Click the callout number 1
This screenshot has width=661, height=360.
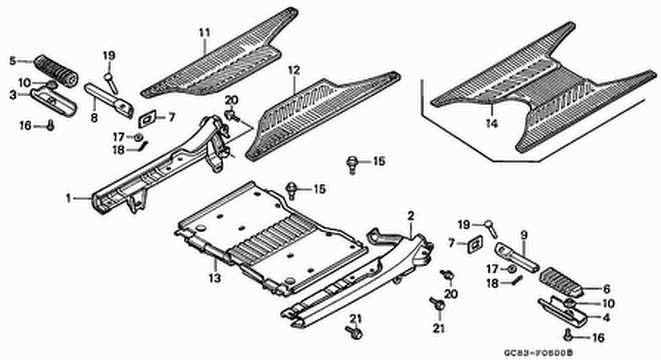pos(70,198)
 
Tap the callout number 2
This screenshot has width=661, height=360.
pos(410,216)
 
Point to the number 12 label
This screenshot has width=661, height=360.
pos(292,71)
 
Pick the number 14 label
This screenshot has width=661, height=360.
pos(491,125)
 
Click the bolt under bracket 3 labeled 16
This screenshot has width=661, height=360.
pos(50,126)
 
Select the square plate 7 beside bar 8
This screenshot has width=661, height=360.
pos(149,117)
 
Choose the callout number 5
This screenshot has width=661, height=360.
pos(12,60)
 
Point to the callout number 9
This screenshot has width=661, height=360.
pos(523,234)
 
